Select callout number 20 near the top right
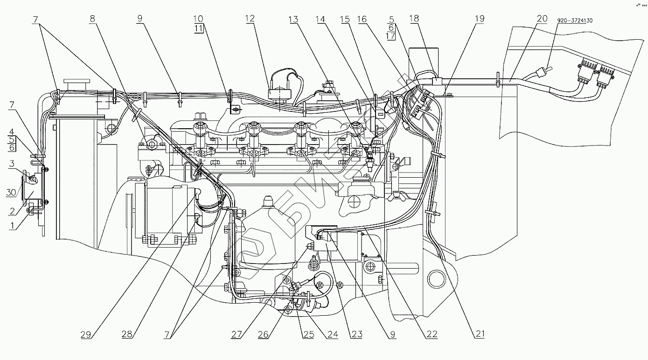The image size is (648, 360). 542,19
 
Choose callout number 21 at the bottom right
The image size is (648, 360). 481,334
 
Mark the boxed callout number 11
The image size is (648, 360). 198,28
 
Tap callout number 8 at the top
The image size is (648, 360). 92,19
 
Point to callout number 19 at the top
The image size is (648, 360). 480,19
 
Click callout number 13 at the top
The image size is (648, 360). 293,19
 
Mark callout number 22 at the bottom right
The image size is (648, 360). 432,334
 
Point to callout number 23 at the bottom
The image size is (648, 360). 357,334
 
